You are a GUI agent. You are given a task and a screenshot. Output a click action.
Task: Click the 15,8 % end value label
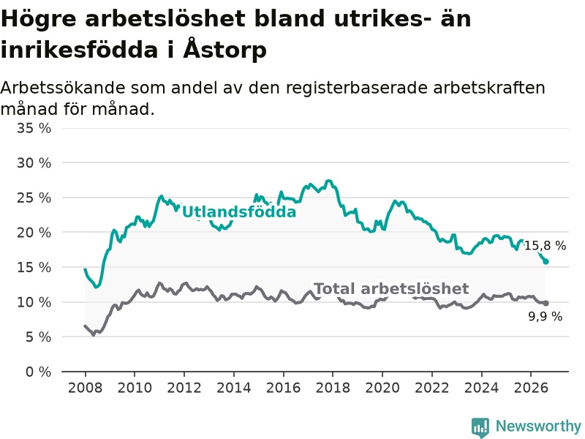click(x=545, y=246)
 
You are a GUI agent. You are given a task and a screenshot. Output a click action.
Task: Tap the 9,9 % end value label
click(x=545, y=317)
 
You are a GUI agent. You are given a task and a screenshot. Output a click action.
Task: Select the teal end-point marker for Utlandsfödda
click(x=546, y=261)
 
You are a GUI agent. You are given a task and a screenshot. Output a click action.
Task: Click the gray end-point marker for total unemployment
click(x=546, y=303)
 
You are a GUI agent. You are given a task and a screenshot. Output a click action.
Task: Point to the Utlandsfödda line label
click(x=239, y=212)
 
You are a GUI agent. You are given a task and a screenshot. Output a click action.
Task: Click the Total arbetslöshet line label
click(x=391, y=288)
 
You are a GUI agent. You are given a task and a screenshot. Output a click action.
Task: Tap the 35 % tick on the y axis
click(x=34, y=129)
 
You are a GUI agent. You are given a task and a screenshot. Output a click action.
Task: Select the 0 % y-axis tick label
click(x=38, y=372)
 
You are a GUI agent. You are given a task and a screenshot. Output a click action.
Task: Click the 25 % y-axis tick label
click(x=34, y=198)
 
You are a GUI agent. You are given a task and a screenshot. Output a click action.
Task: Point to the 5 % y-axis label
click(x=38, y=337)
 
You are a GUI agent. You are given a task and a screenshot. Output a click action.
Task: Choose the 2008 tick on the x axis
click(x=85, y=388)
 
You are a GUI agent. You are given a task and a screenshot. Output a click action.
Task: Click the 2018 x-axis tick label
click(x=333, y=388)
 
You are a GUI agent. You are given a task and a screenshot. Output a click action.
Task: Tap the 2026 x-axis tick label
click(x=532, y=388)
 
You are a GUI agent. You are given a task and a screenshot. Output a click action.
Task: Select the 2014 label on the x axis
click(x=234, y=388)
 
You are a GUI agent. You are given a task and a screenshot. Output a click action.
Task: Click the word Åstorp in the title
click(x=225, y=48)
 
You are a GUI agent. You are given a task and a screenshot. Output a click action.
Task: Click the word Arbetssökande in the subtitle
click(x=63, y=89)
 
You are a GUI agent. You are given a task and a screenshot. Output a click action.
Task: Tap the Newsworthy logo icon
click(x=480, y=427)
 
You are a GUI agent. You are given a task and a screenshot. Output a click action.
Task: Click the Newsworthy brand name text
click(x=538, y=426)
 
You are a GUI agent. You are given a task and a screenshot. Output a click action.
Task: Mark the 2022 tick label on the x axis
click(x=432, y=388)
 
